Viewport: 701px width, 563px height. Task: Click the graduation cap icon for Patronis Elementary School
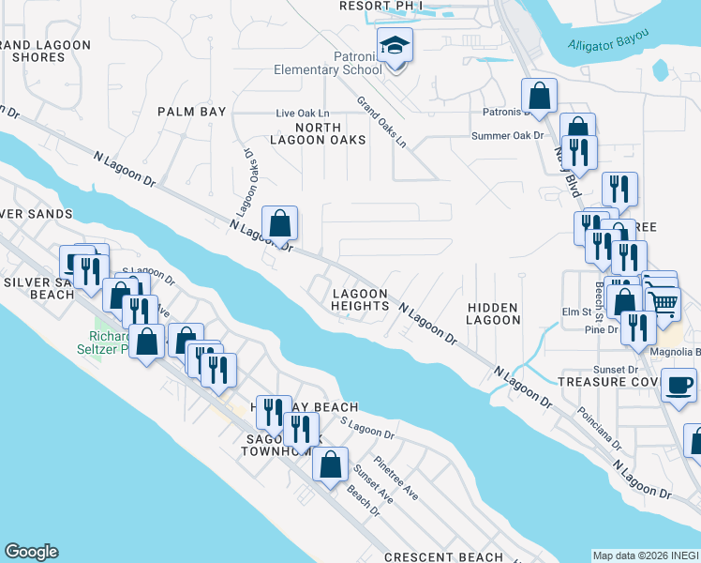click(395, 44)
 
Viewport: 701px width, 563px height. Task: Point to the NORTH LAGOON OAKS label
click(330, 133)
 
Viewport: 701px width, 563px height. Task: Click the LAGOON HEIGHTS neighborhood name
click(360, 299)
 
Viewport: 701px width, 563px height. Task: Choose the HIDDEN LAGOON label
click(494, 313)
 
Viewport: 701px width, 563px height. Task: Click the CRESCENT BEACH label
click(443, 557)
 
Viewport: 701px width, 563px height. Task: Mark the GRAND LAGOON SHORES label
click(37, 51)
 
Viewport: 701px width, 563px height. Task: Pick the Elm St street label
click(573, 312)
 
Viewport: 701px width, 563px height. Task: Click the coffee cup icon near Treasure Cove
click(679, 383)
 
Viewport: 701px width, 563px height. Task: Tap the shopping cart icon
click(663, 301)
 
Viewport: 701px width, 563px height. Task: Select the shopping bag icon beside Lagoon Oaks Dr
click(279, 224)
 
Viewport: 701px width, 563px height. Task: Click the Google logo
click(31, 552)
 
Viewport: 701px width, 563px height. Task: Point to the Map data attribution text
click(645, 555)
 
